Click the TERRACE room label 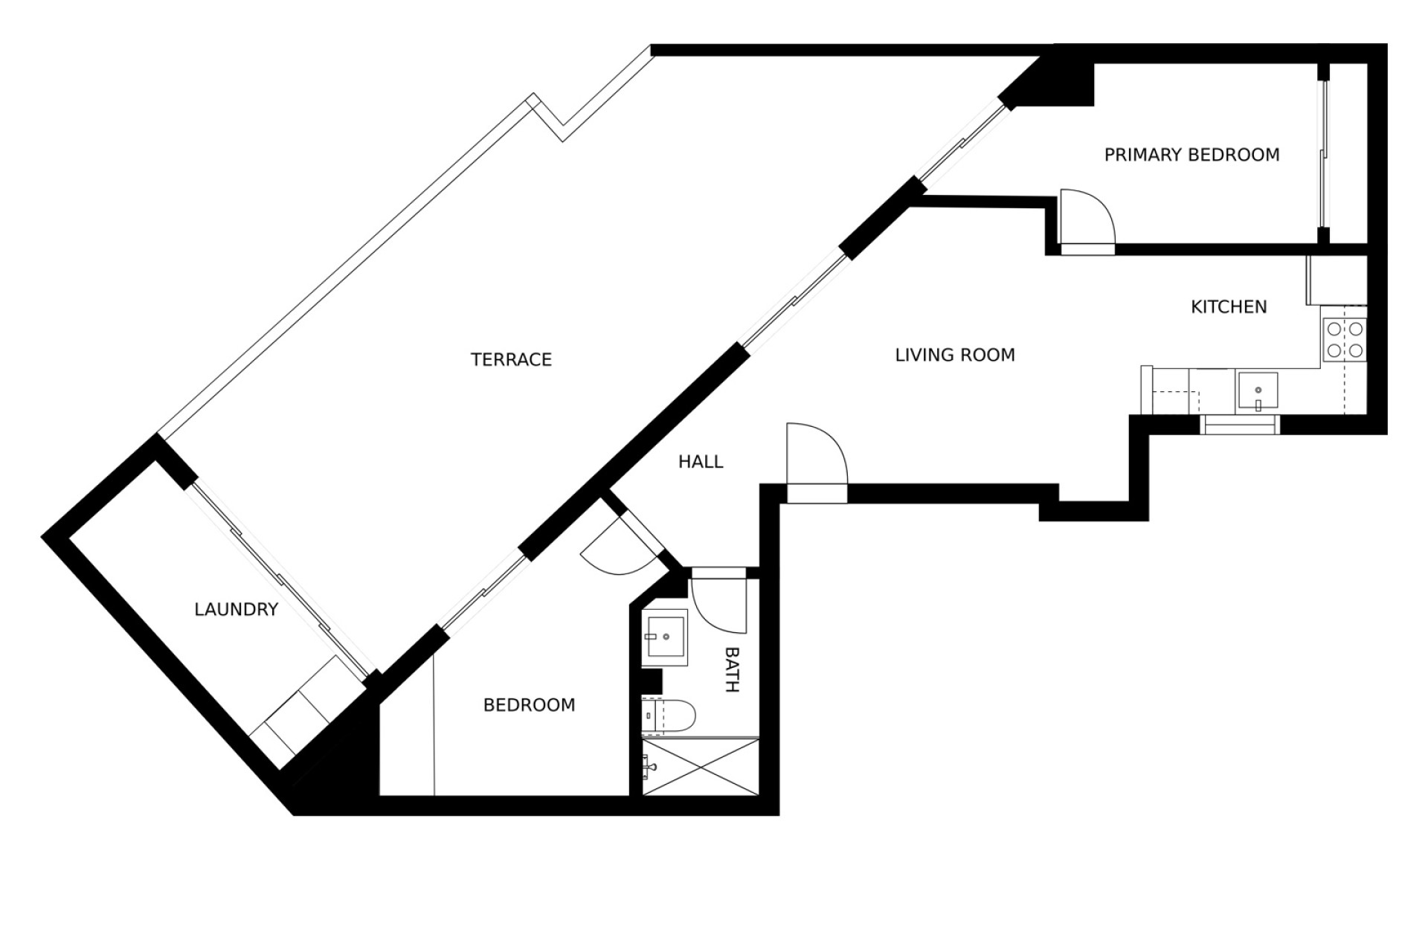(x=511, y=360)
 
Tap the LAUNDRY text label (x=237, y=610)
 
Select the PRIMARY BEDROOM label (x=1191, y=155)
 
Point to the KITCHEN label (x=1229, y=306)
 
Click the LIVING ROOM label (x=955, y=355)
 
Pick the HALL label (x=701, y=462)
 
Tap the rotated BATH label (x=732, y=669)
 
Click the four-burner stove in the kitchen (x=1345, y=340)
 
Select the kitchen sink (x=1258, y=393)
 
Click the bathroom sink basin (x=665, y=637)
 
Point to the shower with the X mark (x=701, y=768)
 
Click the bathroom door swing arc (x=718, y=602)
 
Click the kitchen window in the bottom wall (x=1240, y=425)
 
